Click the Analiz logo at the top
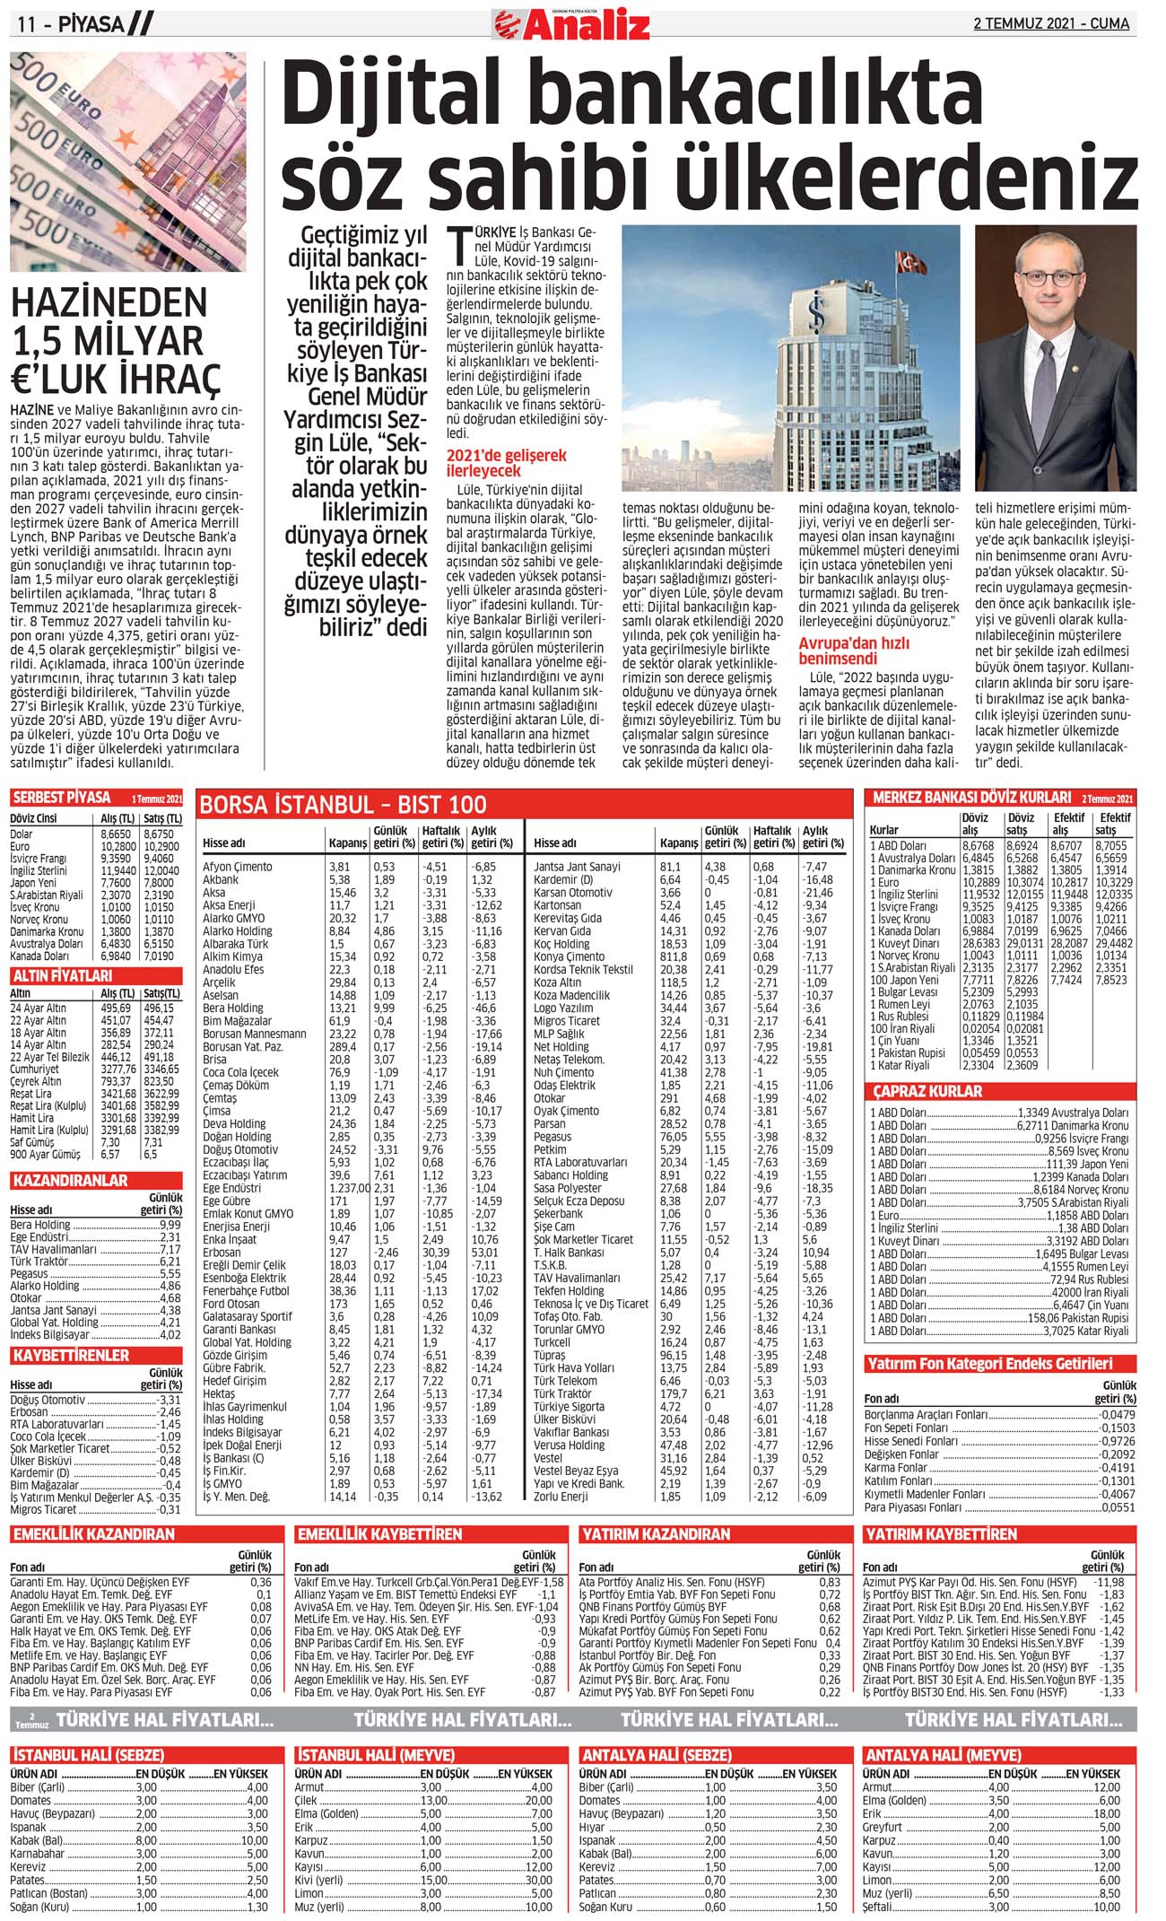tap(571, 23)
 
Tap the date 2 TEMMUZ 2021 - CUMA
tap(1051, 23)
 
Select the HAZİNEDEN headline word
tap(109, 302)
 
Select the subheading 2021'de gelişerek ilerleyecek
tap(506, 462)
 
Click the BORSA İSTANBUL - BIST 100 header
tap(344, 804)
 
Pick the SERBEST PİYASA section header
tap(61, 798)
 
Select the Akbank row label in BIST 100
tap(221, 880)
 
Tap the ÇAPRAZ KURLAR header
tap(927, 1092)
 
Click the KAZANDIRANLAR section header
tap(70, 1181)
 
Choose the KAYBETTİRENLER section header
tap(71, 1355)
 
